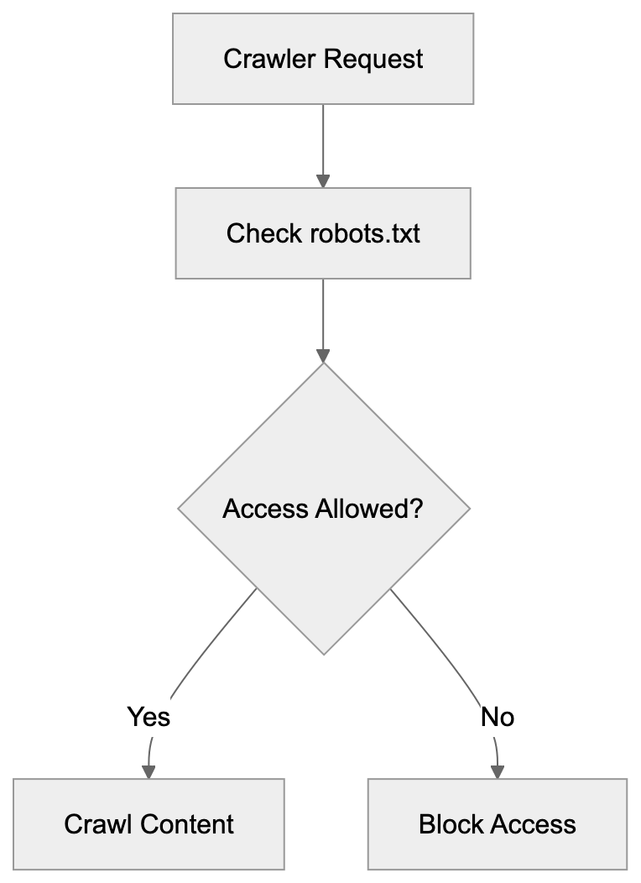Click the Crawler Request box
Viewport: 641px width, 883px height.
coord(323,59)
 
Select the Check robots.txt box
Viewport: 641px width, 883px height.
coord(323,233)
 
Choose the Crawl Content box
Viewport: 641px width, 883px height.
coord(149,824)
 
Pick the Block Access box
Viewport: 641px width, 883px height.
coord(497,824)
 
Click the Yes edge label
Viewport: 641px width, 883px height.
coord(149,717)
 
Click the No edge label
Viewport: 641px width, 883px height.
coord(497,717)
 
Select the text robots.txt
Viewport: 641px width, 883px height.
coord(365,233)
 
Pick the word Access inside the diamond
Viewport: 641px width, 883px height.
coord(264,509)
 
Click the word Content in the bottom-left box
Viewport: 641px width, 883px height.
coord(188,824)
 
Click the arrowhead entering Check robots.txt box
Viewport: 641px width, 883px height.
coord(323,180)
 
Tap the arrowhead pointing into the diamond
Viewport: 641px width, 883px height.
coord(323,356)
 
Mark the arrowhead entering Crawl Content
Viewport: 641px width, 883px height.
coord(149,771)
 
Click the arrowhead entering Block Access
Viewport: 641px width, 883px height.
coord(497,771)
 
